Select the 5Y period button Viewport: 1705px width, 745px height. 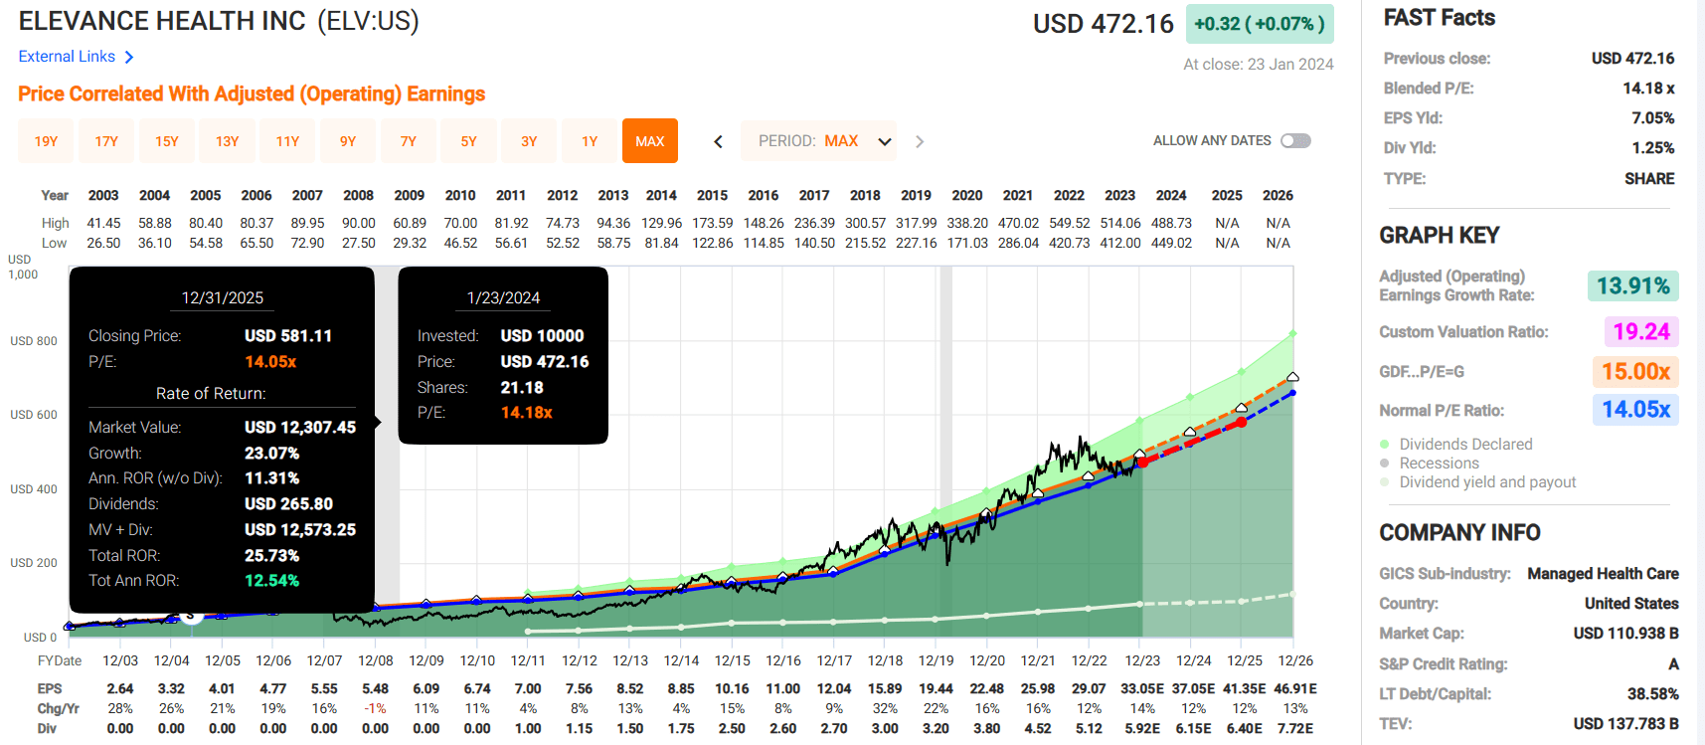(468, 141)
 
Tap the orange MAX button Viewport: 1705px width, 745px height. (649, 141)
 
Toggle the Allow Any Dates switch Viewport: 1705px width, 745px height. (1295, 140)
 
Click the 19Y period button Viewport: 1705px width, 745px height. (46, 141)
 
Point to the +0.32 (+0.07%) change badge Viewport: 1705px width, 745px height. (1259, 24)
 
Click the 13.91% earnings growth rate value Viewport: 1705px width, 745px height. (1632, 286)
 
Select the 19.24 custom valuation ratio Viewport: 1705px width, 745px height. (1640, 331)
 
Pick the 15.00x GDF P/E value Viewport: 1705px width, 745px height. (1635, 372)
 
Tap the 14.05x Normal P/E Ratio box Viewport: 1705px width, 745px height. (1635, 410)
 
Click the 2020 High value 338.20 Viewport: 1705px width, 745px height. (966, 223)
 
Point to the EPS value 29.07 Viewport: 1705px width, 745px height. (1089, 688)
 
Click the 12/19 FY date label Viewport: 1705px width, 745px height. (936, 660)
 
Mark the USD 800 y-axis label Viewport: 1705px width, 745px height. (34, 341)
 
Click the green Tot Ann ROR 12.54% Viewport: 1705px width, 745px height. (271, 581)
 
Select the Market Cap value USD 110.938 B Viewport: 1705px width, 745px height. (1625, 634)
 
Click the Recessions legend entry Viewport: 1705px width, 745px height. (1439, 464)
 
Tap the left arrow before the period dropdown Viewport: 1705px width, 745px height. (718, 141)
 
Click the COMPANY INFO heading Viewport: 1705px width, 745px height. (1459, 533)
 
